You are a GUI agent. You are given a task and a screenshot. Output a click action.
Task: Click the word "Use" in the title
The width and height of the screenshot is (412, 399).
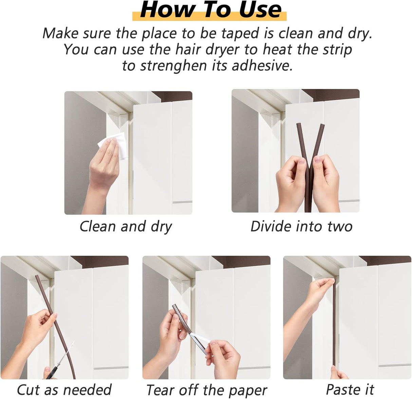pos(260,10)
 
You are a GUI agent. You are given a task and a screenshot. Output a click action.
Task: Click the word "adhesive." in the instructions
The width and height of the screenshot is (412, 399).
pos(262,66)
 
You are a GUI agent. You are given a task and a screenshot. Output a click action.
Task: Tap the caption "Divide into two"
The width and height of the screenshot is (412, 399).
pos(301,226)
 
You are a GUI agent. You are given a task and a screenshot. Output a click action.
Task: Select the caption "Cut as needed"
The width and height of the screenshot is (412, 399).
pos(64,389)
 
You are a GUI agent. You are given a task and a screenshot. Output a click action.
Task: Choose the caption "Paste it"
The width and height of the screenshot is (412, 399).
pos(350,389)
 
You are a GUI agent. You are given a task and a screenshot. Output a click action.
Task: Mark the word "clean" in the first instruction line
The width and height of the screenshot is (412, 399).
pos(293,33)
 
